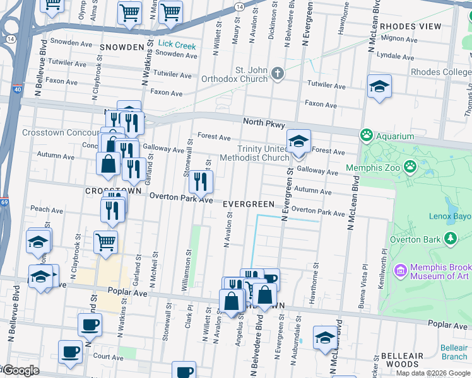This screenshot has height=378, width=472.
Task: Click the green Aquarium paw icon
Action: (366, 135)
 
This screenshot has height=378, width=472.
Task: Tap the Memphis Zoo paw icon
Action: (411, 166)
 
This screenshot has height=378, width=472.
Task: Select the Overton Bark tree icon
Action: (450, 238)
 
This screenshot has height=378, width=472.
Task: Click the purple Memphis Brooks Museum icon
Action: (399, 271)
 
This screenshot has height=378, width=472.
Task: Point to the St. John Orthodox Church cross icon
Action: (277, 74)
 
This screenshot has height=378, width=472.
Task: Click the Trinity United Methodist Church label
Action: (254, 153)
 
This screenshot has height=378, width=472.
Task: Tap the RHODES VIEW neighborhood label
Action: (411, 26)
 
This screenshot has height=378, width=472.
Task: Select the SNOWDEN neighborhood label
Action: (122, 47)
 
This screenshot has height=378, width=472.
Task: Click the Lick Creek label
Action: (177, 45)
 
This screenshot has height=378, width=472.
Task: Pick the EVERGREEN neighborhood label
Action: (249, 204)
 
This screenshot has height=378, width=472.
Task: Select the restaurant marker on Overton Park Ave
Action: (201, 182)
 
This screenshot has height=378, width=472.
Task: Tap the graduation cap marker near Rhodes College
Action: (379, 87)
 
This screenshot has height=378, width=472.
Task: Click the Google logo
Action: (20, 370)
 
